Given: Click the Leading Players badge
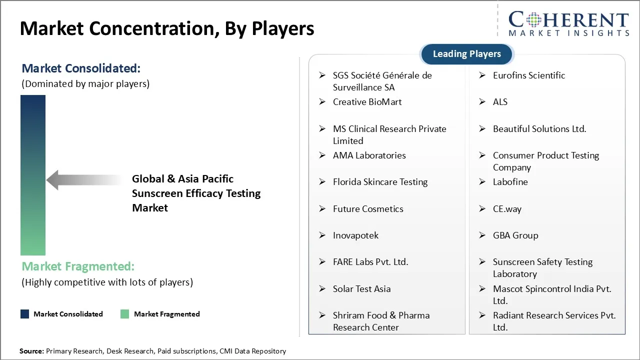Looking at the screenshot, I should tap(466, 54).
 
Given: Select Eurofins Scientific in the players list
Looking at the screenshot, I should tap(528, 75).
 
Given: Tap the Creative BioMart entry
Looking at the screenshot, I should tap(367, 102).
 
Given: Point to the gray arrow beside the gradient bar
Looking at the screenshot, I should tap(85, 179).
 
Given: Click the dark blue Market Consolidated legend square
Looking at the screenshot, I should tap(25, 314).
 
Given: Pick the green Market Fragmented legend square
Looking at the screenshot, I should tap(125, 314).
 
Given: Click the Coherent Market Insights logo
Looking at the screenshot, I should tap(568, 23).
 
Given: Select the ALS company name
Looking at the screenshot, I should tap(500, 102).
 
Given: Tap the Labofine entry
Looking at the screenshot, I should tap(510, 182).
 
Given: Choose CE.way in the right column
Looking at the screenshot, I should tap(507, 209).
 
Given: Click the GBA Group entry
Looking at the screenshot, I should tap(515, 235).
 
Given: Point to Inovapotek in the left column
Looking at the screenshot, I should tap(355, 235).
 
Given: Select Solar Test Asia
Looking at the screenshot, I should tap(361, 289).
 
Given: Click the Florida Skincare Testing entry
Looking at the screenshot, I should tap(380, 182).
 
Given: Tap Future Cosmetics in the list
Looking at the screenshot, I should tap(368, 209).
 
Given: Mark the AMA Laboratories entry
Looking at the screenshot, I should tap(369, 155).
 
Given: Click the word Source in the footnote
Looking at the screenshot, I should tap(31, 351).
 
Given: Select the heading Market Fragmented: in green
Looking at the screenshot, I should tap(78, 266).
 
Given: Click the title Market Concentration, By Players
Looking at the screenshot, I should tap(167, 29).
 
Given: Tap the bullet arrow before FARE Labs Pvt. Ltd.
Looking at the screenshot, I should tap(322, 262).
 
